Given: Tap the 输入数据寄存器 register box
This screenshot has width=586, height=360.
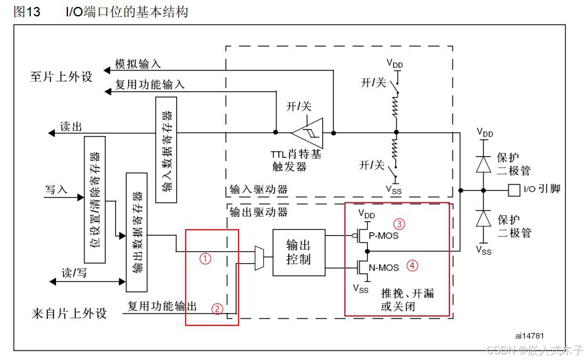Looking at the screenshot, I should point(166,150).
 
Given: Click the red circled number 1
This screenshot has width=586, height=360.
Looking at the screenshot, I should point(205,257).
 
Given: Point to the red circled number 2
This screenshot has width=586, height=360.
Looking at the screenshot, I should point(217,308).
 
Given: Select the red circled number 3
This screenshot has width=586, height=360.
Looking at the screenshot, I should point(398,223).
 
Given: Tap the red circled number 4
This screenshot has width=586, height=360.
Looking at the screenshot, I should point(412,265).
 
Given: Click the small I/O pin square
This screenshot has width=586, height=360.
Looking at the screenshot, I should point(514,189).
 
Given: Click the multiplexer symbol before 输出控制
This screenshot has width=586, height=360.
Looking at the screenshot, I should point(257,257).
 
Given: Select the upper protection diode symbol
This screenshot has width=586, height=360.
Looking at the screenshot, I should point(483,163).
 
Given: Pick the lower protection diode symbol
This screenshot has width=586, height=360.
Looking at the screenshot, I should point(483,218).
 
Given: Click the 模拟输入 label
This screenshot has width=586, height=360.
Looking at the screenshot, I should point(138,64).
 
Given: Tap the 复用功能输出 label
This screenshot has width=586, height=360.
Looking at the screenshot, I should point(162,307).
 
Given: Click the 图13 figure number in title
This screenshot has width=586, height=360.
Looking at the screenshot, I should point(27,12).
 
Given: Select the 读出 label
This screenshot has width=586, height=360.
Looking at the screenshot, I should point(70,126).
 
